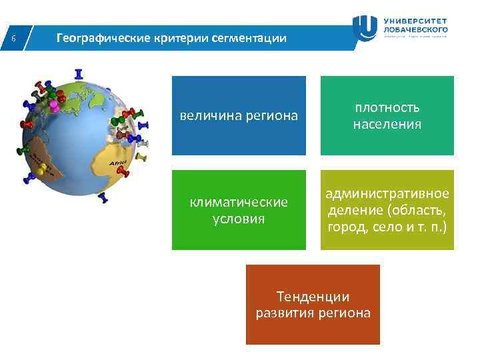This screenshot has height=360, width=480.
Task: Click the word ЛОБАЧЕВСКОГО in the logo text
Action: [x=416, y=29]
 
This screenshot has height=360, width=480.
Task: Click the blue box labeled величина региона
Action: [x=239, y=115]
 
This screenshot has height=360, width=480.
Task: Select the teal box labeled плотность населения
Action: [x=387, y=115]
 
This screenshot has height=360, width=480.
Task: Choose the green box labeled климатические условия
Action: [x=239, y=210]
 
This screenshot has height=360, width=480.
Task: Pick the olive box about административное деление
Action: [x=387, y=210]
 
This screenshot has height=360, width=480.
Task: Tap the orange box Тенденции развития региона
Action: [x=313, y=305]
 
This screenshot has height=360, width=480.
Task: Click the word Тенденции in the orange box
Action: [x=313, y=297]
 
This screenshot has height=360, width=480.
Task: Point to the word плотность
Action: [x=387, y=107]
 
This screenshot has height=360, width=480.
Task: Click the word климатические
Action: [x=239, y=202]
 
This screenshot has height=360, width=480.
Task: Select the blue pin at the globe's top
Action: [x=79, y=73]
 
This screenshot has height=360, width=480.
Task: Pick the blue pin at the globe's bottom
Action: [x=102, y=198]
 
